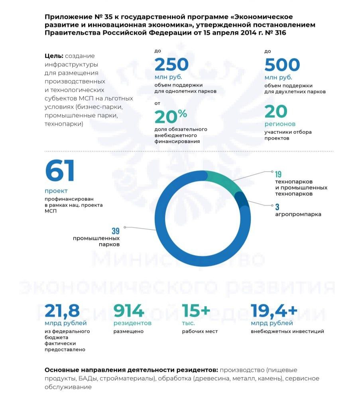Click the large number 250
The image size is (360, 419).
pos(171,65)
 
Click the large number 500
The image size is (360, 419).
pos(282,65)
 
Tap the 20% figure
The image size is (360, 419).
pos(171,116)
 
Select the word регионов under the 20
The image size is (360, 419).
pos(280,124)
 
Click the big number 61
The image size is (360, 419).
pos(60,171)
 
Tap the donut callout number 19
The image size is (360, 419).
pos(278,174)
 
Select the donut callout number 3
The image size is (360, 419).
pos(277,207)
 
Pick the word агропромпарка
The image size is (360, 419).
pos(298,214)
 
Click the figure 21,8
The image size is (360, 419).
pos(63,311)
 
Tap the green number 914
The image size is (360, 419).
pos(128,311)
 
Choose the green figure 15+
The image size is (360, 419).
pos(196,311)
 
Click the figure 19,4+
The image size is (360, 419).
pos(274,311)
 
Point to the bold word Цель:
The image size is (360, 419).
pos(54,56)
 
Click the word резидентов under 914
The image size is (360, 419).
pos(132,323)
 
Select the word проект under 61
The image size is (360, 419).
pos(56,191)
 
